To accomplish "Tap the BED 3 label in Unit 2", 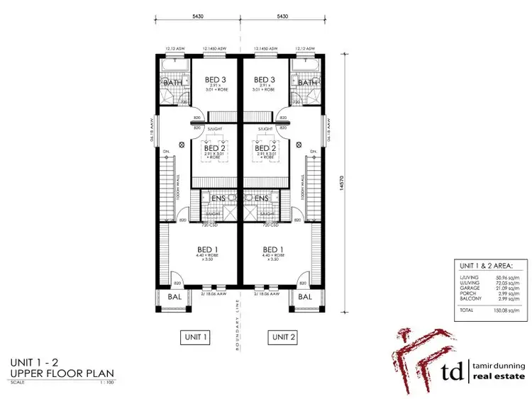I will pos(264,80).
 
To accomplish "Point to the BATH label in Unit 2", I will pos(307,83).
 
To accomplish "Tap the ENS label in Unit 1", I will pos(218,198).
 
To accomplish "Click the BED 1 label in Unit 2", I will pos(273,249).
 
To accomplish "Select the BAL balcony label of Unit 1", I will pos(173,298).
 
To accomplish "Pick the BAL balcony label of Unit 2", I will pos(306,298).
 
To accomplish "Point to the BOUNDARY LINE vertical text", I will pos(238,325).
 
